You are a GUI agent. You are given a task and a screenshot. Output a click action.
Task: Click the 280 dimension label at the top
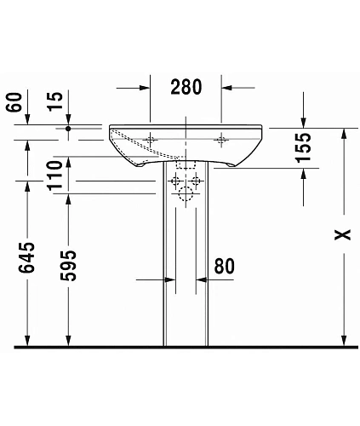pos(186,85)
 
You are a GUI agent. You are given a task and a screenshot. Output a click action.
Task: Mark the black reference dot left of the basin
pos(68,129)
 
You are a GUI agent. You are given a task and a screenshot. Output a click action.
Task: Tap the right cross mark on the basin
pos(222,138)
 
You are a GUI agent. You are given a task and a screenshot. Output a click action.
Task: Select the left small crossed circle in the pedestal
pos(176,181)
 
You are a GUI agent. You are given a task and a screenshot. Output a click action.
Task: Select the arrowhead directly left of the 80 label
pos(202,279)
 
